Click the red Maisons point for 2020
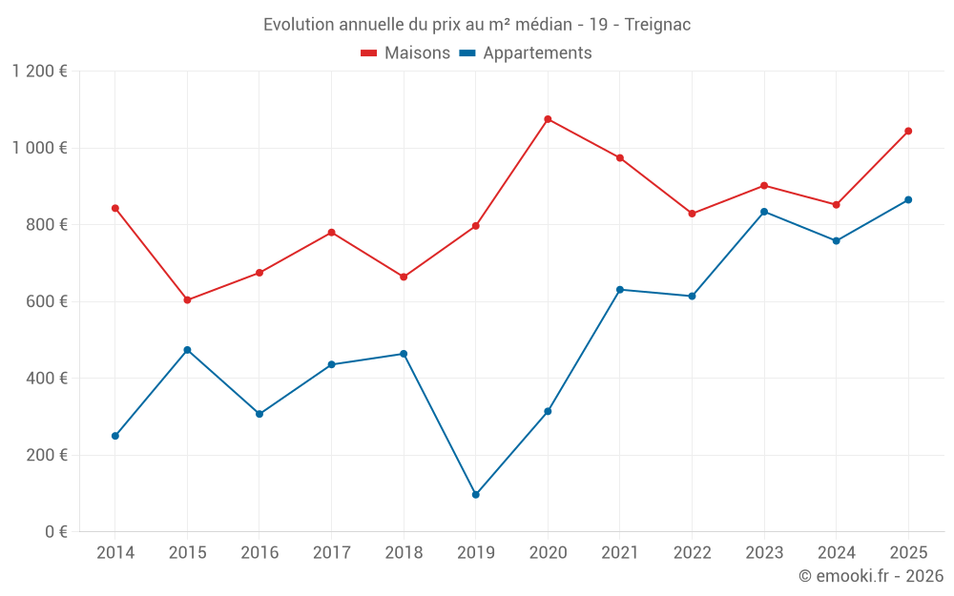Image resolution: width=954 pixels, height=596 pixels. tap(548, 119)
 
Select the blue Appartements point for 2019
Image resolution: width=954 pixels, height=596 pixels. tap(475, 495)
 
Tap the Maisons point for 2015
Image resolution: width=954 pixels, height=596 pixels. tap(187, 300)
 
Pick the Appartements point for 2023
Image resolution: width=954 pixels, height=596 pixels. tap(764, 212)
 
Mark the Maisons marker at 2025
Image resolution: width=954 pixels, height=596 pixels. tap(908, 131)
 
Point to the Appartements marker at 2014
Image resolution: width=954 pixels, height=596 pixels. tap(115, 436)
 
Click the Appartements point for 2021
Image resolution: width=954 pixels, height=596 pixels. tap(620, 289)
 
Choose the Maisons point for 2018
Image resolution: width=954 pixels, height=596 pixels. tap(404, 277)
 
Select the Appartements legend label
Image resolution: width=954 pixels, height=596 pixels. tap(537, 53)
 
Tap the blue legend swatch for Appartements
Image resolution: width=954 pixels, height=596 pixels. tap(467, 53)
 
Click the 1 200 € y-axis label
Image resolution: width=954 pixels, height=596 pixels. tap(39, 72)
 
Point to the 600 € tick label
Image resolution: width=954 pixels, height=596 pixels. tap(48, 301)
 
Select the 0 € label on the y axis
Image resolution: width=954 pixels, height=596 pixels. tap(55, 532)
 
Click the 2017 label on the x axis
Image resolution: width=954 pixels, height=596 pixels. tap(331, 553)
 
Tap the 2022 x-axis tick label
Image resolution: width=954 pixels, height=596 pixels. tap(692, 553)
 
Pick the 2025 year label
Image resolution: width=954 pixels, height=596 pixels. tap(908, 553)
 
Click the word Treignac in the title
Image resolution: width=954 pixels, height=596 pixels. tap(657, 25)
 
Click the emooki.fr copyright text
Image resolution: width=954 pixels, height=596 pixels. tap(871, 576)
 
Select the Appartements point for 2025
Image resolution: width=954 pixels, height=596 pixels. tap(908, 200)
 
